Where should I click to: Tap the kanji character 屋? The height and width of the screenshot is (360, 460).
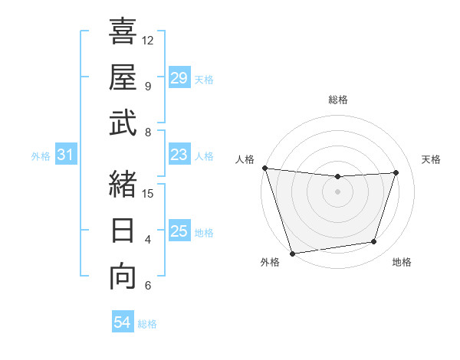(x=123, y=77)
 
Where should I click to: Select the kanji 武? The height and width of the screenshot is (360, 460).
(x=123, y=123)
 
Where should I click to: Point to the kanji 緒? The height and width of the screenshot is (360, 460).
(x=123, y=185)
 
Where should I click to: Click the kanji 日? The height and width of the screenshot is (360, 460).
(x=123, y=231)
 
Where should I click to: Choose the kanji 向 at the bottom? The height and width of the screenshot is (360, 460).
(x=123, y=276)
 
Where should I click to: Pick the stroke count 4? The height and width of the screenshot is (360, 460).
(x=148, y=240)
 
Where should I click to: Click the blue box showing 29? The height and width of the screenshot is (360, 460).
(x=179, y=78)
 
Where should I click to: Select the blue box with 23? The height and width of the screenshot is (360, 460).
(x=179, y=155)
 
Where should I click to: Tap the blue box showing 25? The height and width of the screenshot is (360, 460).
(x=179, y=231)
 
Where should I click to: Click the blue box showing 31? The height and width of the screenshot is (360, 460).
(x=66, y=155)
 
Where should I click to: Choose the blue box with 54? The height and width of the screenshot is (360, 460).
(x=122, y=322)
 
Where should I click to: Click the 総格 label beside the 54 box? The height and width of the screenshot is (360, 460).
(x=147, y=324)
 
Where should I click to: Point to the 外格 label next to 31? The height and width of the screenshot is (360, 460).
(x=41, y=156)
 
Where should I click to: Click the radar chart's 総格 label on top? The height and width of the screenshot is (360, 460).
(x=337, y=100)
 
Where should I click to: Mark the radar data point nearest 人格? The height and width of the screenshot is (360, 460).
(x=264, y=168)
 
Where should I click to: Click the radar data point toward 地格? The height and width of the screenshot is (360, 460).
(x=374, y=242)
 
